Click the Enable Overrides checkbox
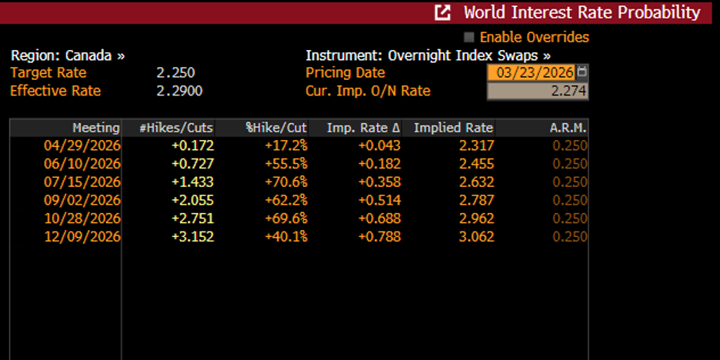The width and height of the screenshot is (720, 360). tap(469, 37)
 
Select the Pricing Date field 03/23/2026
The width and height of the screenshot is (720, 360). tap(531, 72)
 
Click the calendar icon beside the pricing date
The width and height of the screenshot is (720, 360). tap(582, 72)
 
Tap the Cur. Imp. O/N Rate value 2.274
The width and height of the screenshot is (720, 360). tap(537, 91)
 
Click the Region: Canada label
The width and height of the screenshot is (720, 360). tap(68, 55)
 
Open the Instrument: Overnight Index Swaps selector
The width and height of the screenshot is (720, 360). tap(428, 55)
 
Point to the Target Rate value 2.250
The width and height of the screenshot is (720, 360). tap(175, 73)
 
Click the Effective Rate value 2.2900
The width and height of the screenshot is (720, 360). tap(179, 91)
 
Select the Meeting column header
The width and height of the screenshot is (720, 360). tap(96, 128)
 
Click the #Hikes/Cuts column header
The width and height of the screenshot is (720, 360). tap(176, 128)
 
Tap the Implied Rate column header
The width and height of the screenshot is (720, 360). tap(453, 128)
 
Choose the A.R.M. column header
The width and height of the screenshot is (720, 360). tap(568, 128)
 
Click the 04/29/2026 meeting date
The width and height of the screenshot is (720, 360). tap(88, 145)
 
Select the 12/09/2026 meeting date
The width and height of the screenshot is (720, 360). tap(88, 237)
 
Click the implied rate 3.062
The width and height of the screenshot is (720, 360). tap(475, 237)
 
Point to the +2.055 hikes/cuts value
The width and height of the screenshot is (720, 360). tap(193, 200)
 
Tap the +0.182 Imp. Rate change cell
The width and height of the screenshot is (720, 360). tap(379, 164)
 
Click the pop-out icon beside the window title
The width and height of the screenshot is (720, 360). tap(442, 12)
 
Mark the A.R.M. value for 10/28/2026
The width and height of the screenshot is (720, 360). tap(570, 218)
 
